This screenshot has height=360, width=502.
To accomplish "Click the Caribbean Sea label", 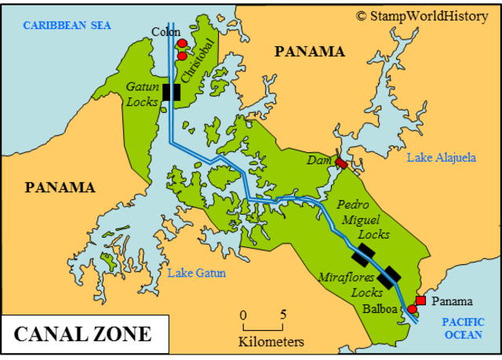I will tap(67, 26).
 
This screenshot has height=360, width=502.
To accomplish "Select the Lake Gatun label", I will tap(197, 273).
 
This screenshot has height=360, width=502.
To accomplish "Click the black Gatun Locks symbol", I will tap(171, 92).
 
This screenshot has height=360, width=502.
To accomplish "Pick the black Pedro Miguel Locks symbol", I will tap(362, 254).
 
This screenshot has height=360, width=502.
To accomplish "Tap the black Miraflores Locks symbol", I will tap(389, 275).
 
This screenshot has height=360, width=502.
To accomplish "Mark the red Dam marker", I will tap(341, 162).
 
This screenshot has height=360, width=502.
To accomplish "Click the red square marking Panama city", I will tap(420, 300).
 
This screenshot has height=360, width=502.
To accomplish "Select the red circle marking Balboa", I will tap(413, 309).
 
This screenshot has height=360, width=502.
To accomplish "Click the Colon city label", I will tap(166, 32).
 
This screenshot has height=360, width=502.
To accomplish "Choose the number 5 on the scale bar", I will tap(283, 315).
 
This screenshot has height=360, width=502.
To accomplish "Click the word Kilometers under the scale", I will tap(271, 342).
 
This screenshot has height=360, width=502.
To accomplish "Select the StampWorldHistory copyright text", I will tap(422, 15).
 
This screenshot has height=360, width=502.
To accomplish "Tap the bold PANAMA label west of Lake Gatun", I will tap(60, 187).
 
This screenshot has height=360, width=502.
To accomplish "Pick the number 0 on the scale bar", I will tap(243, 315).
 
